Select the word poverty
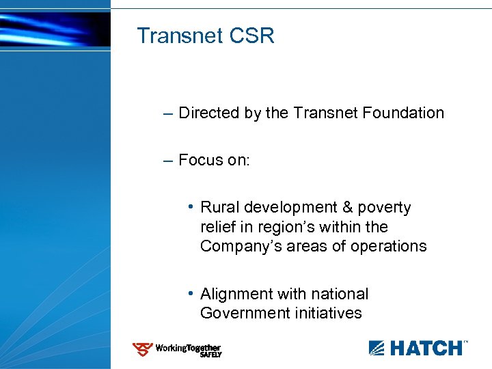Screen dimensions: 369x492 coord(385,208)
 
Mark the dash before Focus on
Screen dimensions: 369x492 coord(168,160)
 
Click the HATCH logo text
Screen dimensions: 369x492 coord(425,348)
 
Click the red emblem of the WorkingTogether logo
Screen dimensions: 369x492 coord(142,350)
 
